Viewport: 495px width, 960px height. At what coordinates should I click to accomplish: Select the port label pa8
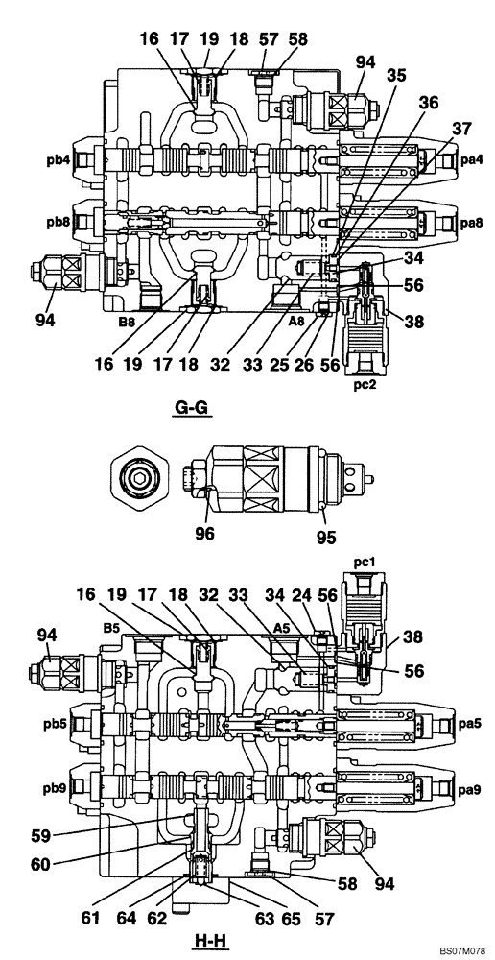[470, 224]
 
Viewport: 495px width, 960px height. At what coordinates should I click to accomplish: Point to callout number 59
[68, 833]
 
